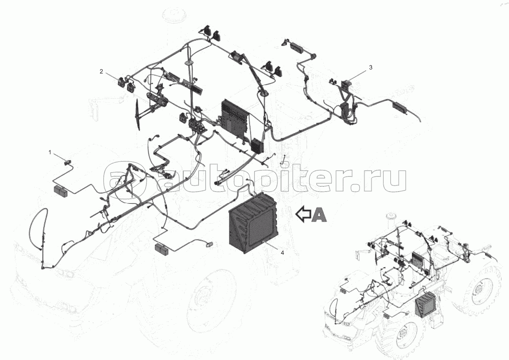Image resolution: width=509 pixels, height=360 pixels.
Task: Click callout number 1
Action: [50, 152]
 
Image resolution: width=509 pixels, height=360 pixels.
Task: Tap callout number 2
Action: [101, 71]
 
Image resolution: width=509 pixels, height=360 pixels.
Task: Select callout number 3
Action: [371, 67]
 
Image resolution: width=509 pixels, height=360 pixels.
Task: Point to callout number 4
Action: [282, 253]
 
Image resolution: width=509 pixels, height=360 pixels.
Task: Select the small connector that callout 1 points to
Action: [68, 162]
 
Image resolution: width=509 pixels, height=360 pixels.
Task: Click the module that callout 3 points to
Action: [347, 83]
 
